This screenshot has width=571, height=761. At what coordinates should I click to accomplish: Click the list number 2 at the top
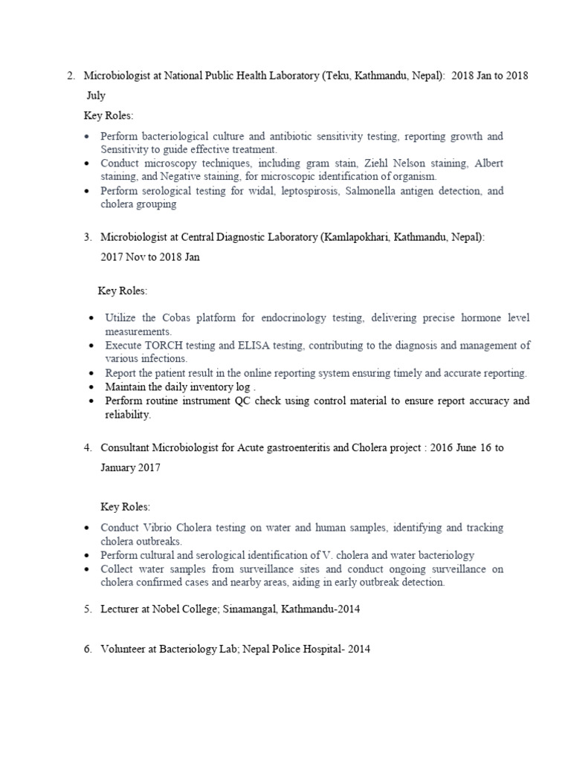point(70,76)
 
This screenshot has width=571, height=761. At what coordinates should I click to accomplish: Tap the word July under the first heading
point(94,95)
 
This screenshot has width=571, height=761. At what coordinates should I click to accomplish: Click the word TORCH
point(160,346)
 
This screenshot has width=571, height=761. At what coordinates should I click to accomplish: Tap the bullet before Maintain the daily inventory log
point(90,387)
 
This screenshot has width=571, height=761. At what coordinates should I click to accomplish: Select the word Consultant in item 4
point(128,447)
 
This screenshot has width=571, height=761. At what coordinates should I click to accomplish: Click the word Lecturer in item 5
point(122,609)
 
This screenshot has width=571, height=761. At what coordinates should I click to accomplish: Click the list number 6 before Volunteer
point(88,649)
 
